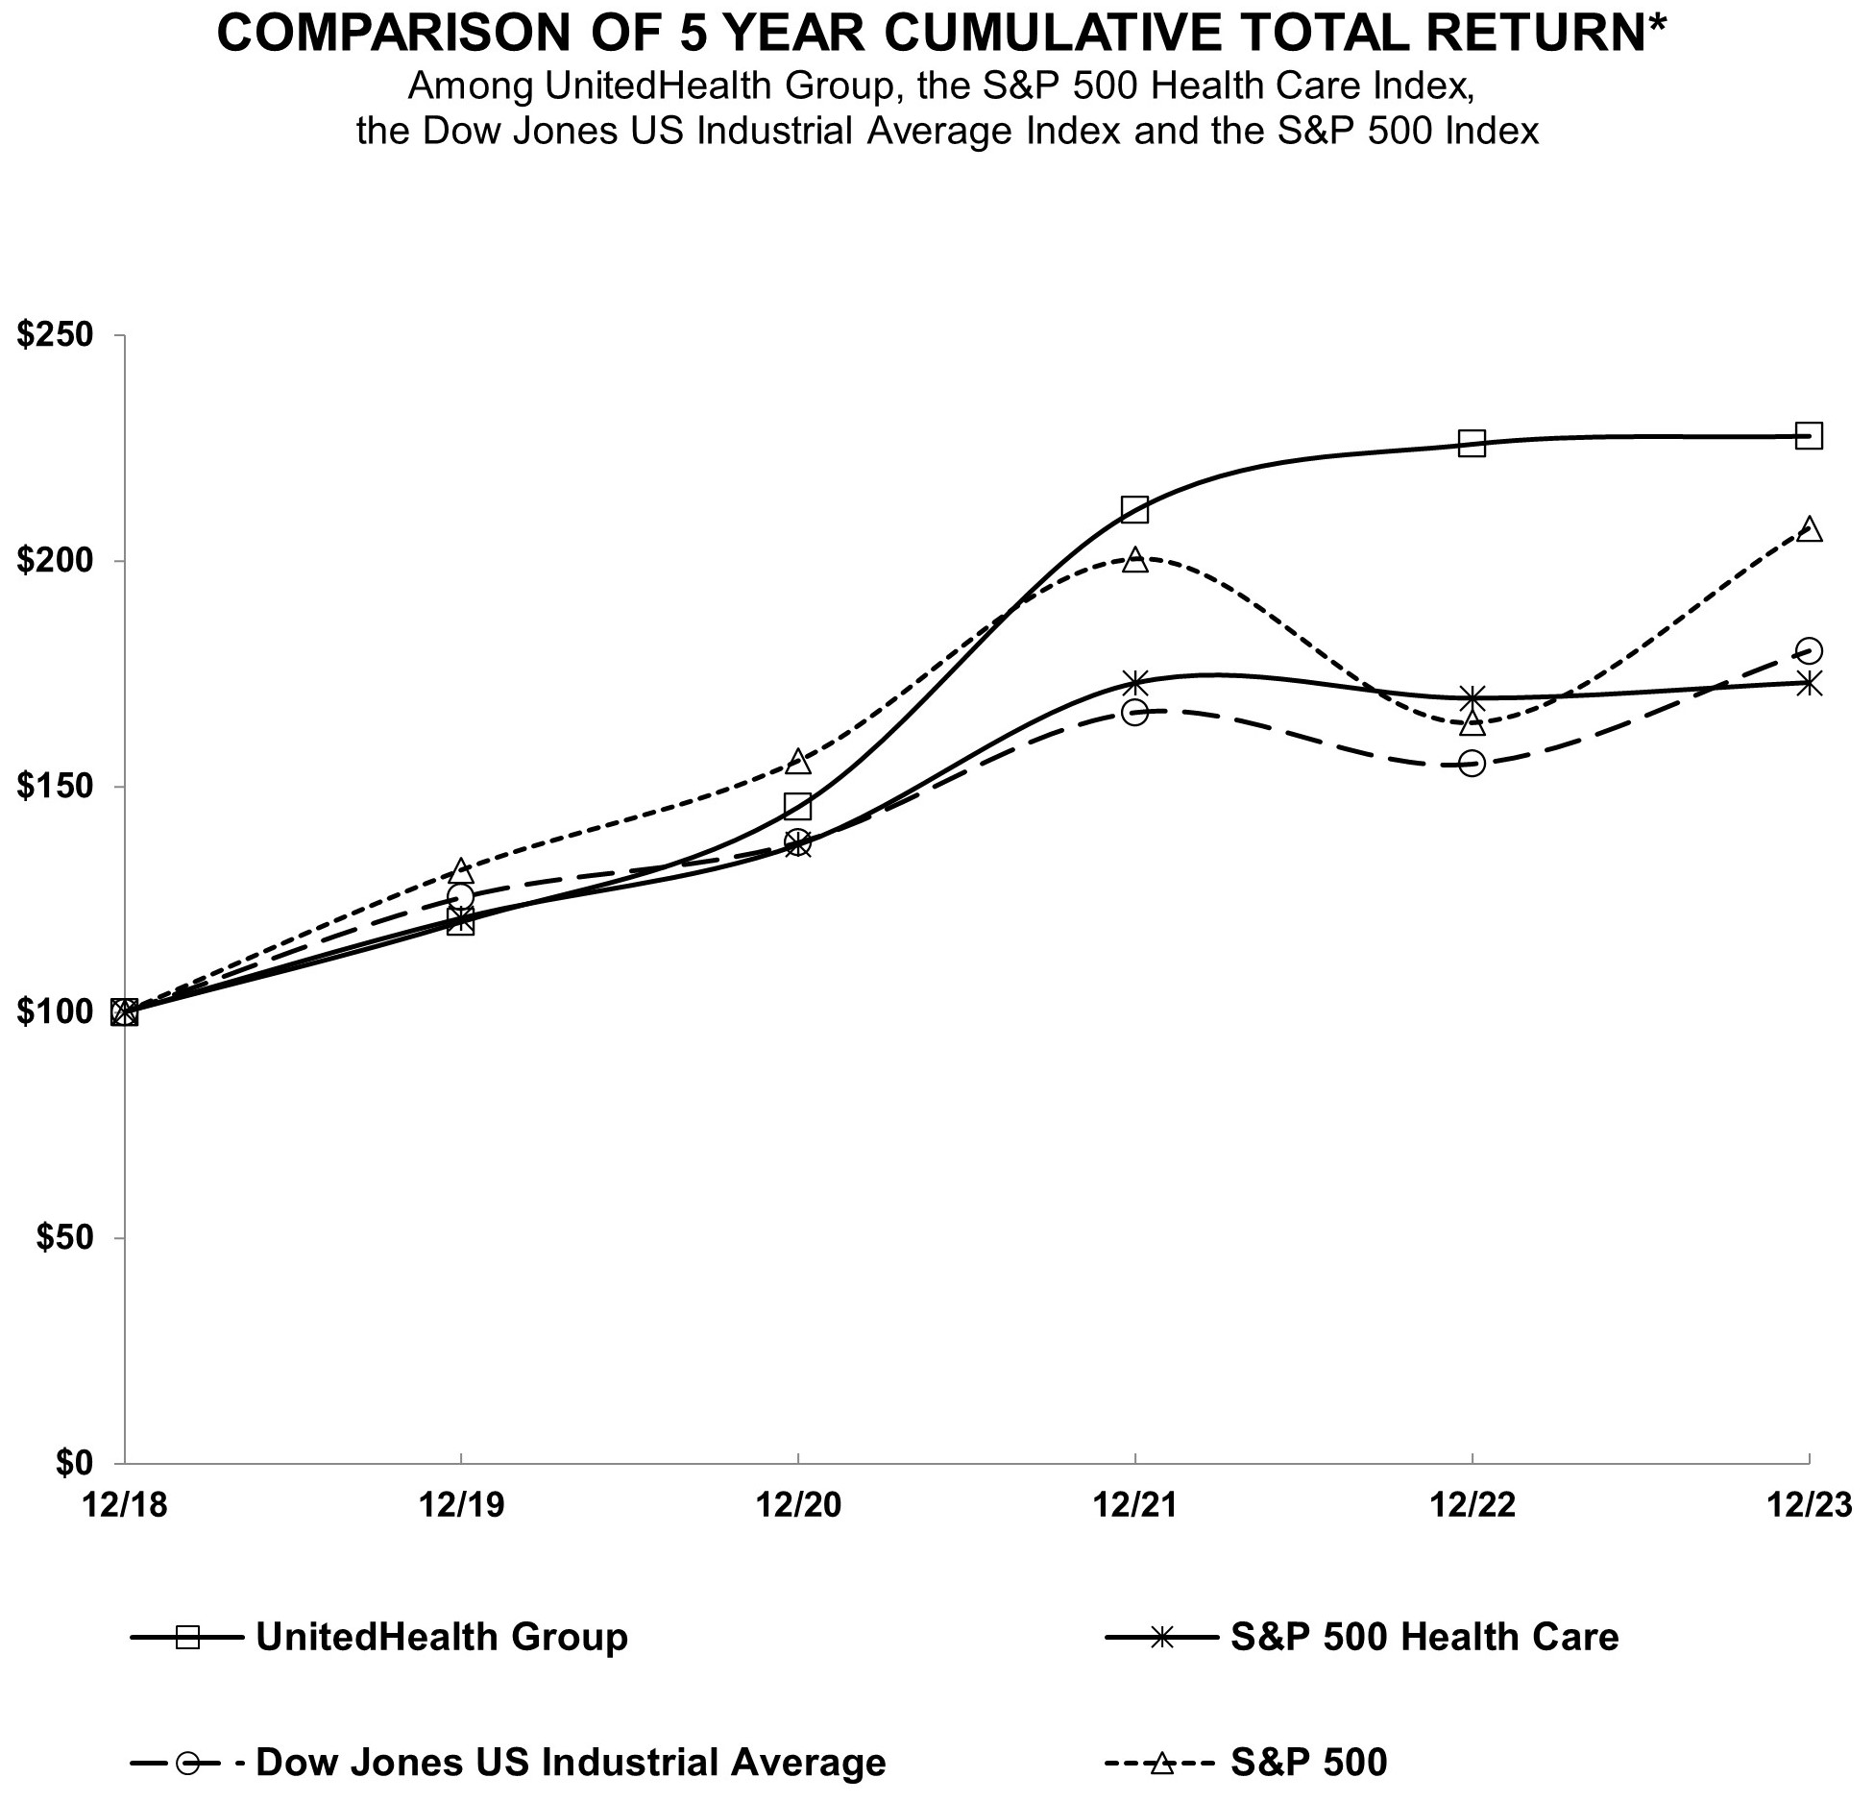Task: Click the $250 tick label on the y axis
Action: pos(56,335)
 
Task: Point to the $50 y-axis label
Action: pos(64,1237)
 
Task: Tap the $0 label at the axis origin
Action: pos(74,1462)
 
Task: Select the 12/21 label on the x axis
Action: pos(1134,1505)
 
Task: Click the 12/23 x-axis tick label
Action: pos(1810,1505)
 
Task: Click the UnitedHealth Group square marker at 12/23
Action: pos(1809,436)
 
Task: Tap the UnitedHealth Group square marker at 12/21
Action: pos(1134,509)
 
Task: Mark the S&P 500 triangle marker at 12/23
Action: pos(1809,529)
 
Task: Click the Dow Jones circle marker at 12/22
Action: pos(1472,764)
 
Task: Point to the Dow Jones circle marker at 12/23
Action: pos(1809,651)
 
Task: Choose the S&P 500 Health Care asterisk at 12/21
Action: pos(1134,683)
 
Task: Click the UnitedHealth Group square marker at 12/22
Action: pos(1472,443)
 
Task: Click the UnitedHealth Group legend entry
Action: pos(441,1637)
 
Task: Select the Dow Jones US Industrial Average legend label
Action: pos(571,1762)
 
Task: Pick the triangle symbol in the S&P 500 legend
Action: pos(1162,1762)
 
